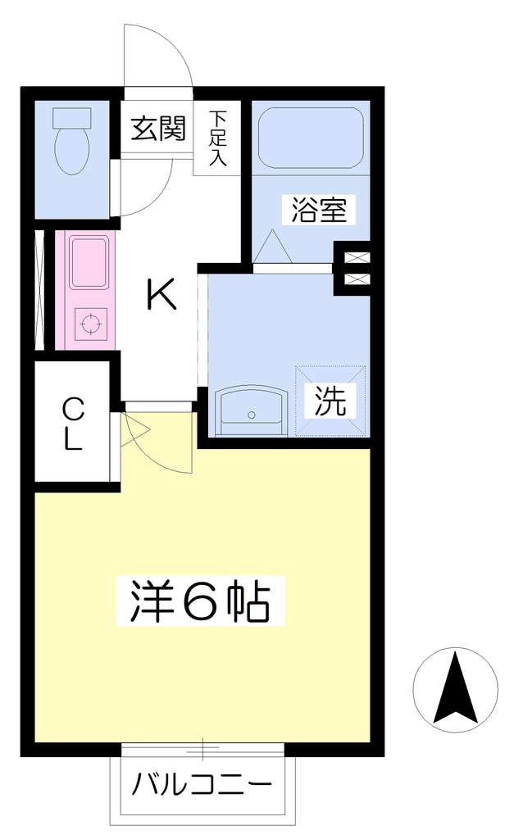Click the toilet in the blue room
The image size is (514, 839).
(x=72, y=141)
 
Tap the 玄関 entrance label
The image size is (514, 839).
(x=158, y=128)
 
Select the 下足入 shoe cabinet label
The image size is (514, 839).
(x=217, y=138)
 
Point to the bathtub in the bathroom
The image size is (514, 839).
(x=311, y=138)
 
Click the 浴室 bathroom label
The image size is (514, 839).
(x=319, y=209)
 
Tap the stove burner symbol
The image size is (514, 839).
(x=90, y=324)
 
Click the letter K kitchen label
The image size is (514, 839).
(x=161, y=295)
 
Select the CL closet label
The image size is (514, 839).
(x=73, y=424)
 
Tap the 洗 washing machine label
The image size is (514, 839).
(x=330, y=401)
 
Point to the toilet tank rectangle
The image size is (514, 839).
(x=72, y=117)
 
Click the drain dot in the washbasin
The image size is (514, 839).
(x=251, y=414)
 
